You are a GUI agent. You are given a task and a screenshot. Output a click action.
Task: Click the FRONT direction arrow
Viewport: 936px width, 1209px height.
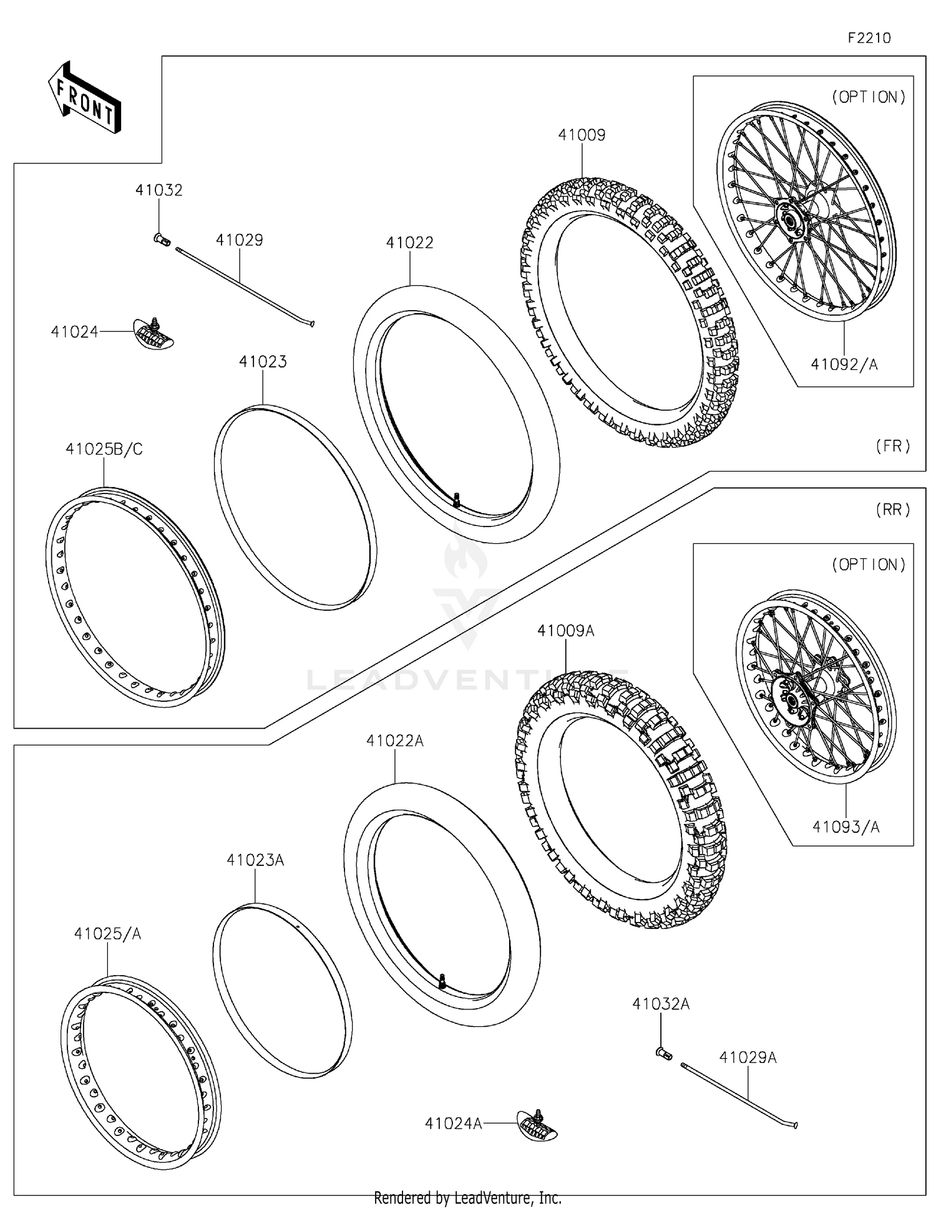pyautogui.click(x=85, y=99)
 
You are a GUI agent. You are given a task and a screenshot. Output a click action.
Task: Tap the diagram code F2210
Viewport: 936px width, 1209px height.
pyautogui.click(x=869, y=38)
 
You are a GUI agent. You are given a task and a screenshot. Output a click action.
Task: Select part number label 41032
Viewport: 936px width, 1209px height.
pyautogui.click(x=159, y=190)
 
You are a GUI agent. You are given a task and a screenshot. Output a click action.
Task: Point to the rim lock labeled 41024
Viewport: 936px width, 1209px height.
pyautogui.click(x=154, y=333)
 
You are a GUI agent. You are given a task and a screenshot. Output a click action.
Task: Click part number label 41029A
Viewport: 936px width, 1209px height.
pyautogui.click(x=748, y=1058)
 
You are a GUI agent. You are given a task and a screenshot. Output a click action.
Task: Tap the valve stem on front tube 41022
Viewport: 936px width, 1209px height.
pyautogui.click(x=457, y=500)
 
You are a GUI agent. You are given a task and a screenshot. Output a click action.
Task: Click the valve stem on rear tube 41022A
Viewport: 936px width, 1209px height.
pyautogui.click(x=441, y=981)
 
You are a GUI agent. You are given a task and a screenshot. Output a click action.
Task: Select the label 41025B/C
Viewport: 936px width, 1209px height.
pyautogui.click(x=104, y=449)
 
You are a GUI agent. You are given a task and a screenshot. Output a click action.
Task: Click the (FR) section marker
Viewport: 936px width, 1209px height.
pyautogui.click(x=893, y=447)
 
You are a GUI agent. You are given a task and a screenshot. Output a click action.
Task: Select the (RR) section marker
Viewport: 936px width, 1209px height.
pyautogui.click(x=893, y=510)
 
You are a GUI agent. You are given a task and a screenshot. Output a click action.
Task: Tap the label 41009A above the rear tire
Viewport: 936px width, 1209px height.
pyautogui.click(x=565, y=631)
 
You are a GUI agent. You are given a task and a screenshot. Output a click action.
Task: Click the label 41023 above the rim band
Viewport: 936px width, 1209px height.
pyautogui.click(x=263, y=362)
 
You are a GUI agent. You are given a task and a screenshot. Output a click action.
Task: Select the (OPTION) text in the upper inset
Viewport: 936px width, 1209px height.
pyautogui.click(x=868, y=97)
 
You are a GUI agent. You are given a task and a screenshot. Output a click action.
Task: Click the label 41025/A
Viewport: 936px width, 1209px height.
pyautogui.click(x=107, y=934)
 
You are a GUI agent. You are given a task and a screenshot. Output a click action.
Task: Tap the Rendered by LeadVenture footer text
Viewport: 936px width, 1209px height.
pyautogui.click(x=467, y=1198)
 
